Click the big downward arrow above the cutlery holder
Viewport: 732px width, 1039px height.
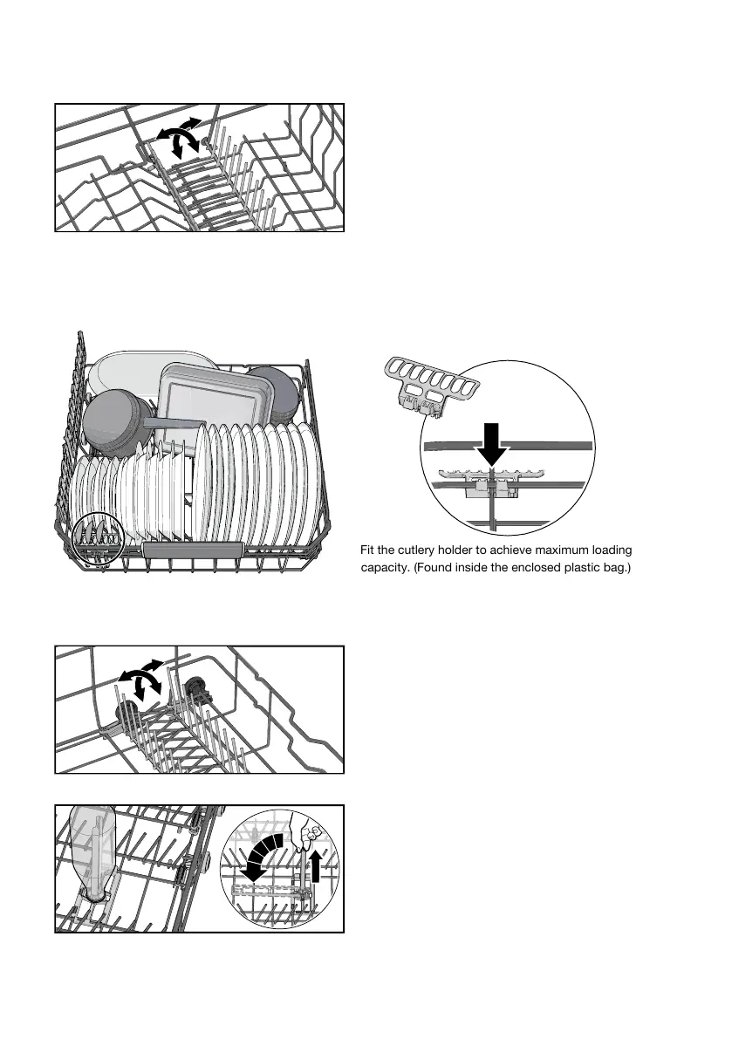click(491, 443)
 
